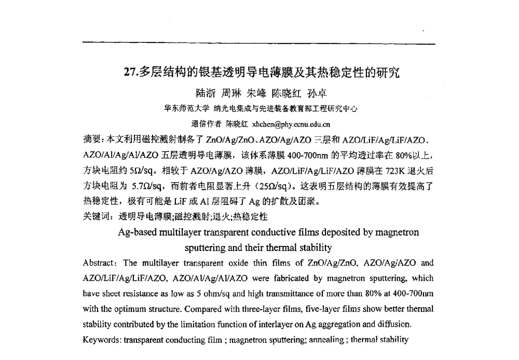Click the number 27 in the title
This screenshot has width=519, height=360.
click(x=131, y=73)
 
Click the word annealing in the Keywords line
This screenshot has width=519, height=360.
click(x=325, y=340)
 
